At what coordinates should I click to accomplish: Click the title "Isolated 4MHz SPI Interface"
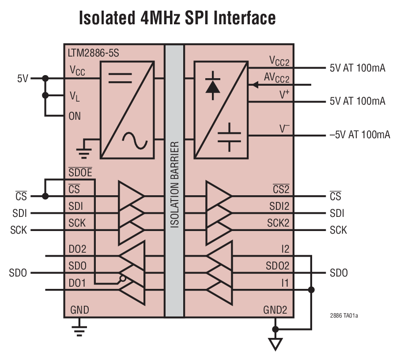tap(177, 18)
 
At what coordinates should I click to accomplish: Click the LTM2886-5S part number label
tap(93, 53)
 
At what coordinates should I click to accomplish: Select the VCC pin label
tap(77, 71)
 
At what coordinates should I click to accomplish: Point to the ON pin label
tap(75, 117)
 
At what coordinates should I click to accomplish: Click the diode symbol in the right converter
tap(213, 86)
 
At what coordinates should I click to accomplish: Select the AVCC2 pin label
tap(276, 78)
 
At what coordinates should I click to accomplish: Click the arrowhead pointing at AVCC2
tap(253, 84)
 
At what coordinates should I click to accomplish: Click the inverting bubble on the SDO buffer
tap(123, 279)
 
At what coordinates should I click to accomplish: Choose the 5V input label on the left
tap(23, 79)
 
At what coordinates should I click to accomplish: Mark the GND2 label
tap(275, 310)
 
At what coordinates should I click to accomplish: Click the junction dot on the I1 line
tap(311, 290)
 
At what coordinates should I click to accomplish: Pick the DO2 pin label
tap(77, 250)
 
